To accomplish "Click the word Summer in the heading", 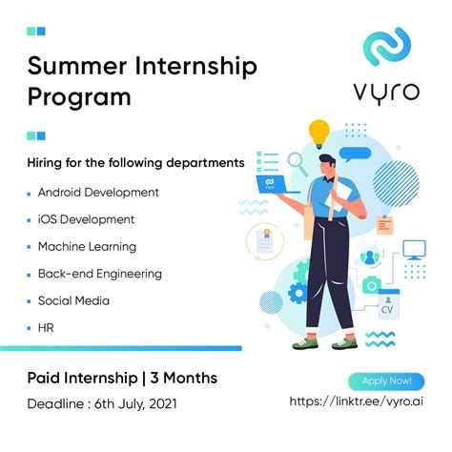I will point(72,68).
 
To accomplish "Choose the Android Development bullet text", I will point(98,192).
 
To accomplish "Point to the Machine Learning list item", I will point(87,246).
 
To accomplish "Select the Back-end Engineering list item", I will point(100,274).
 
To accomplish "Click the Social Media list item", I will point(73,300).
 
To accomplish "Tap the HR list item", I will point(46,328).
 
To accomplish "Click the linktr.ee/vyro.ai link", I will point(358,404).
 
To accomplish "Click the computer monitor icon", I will point(415,251).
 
